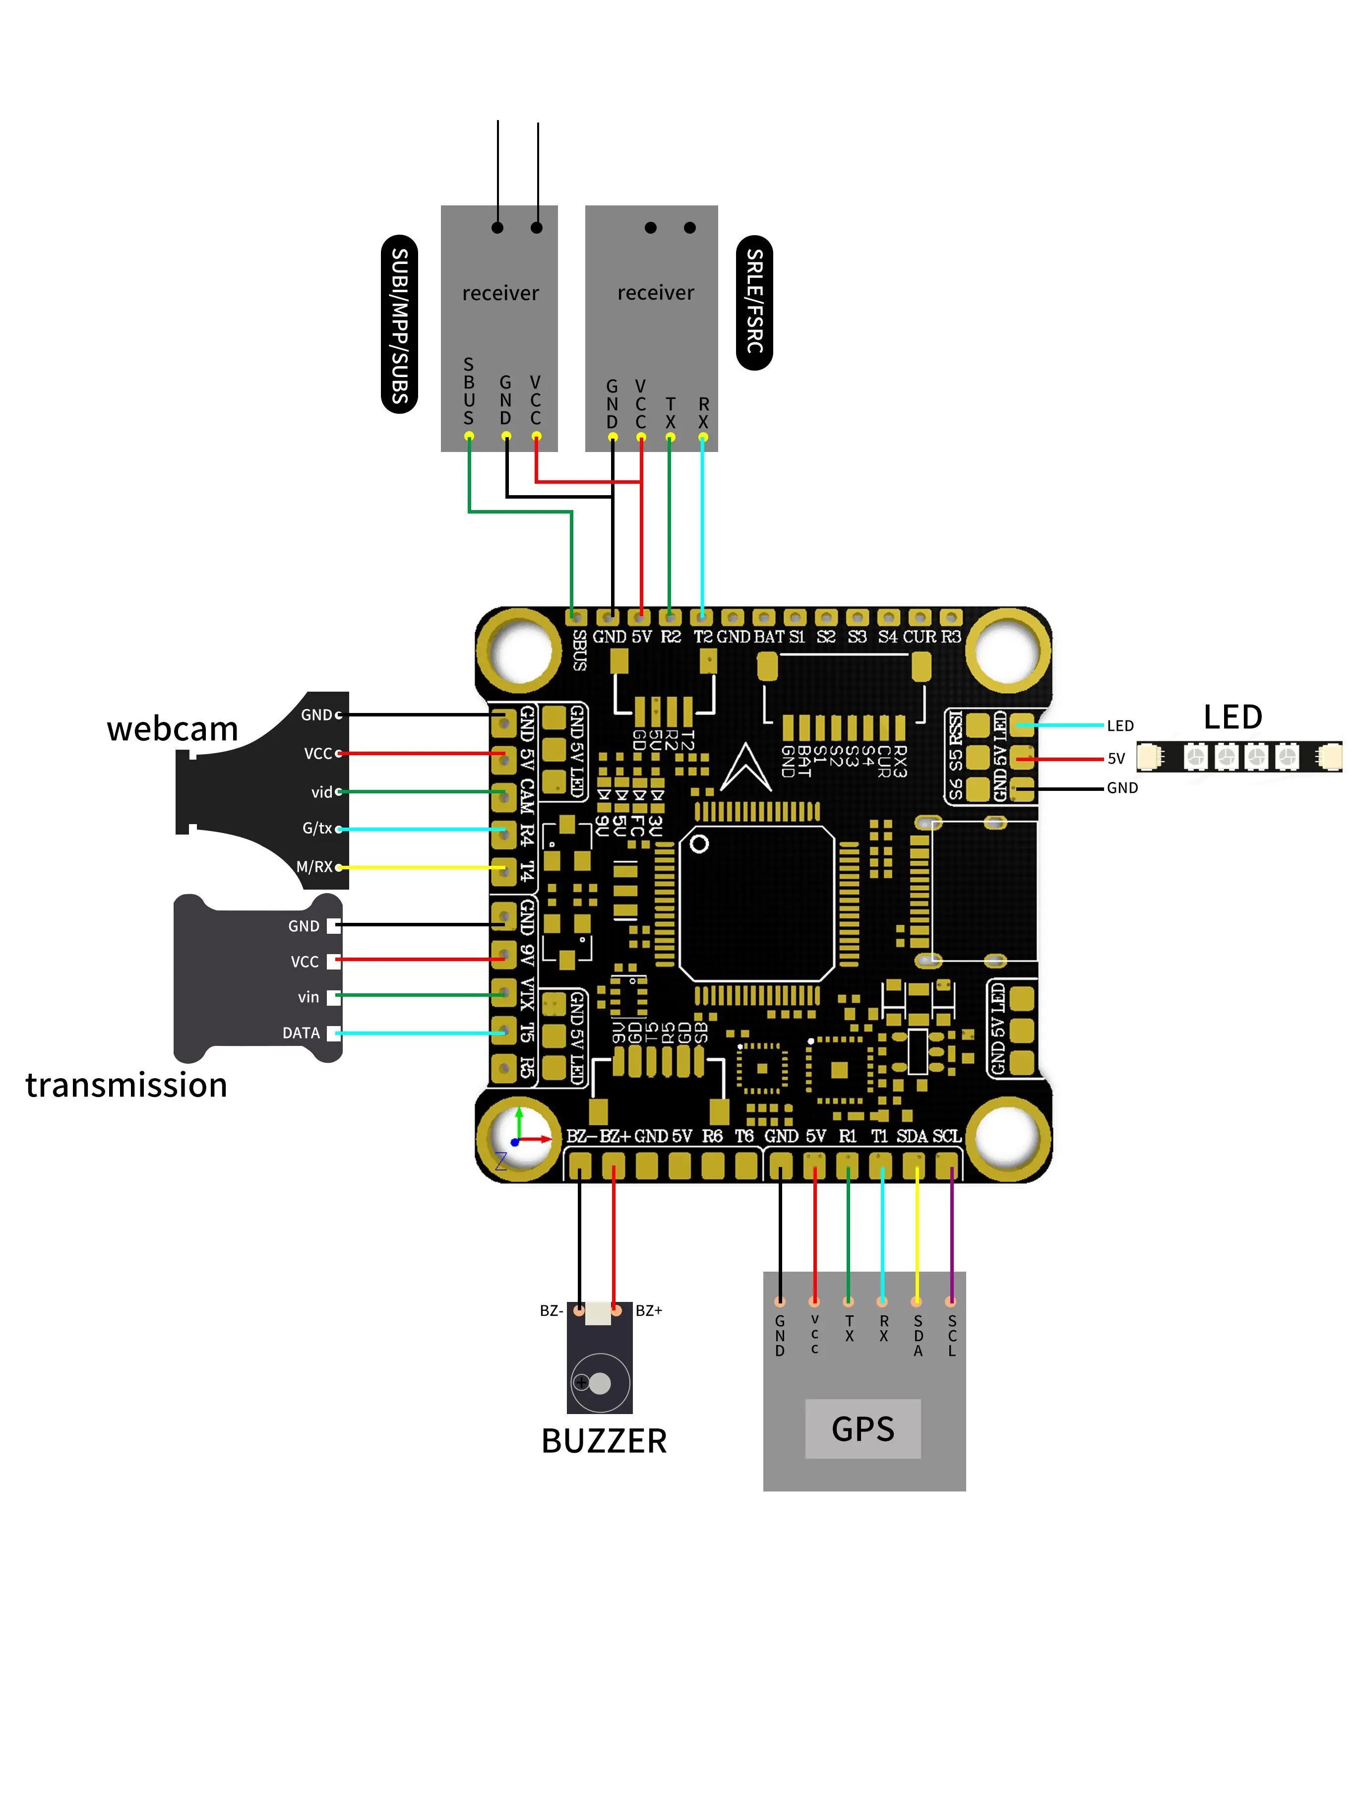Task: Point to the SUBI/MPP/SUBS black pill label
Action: click(x=399, y=325)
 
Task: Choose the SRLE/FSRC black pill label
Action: click(x=754, y=302)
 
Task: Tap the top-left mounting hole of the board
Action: click(x=519, y=650)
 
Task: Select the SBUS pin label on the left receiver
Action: click(x=469, y=391)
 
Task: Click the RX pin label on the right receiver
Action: click(x=703, y=413)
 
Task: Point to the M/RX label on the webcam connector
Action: click(x=314, y=866)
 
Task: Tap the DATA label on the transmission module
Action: click(x=301, y=1033)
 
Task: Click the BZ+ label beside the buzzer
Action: click(x=649, y=1310)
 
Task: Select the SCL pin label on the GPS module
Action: click(x=951, y=1335)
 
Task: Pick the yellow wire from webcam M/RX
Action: click(x=417, y=866)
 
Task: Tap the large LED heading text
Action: click(x=1232, y=717)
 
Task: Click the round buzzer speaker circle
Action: click(x=600, y=1383)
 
